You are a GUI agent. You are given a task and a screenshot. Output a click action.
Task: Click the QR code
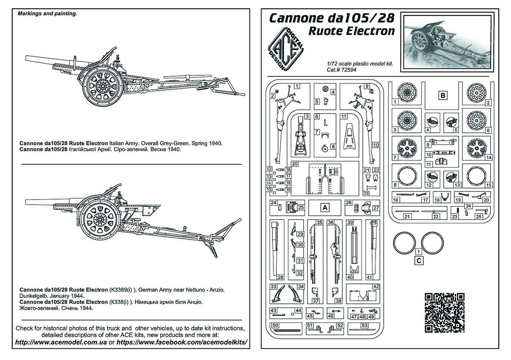tap(445, 313)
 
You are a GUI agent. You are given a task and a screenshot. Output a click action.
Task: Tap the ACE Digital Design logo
tap(286, 49)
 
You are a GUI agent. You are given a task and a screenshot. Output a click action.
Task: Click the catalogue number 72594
tap(349, 70)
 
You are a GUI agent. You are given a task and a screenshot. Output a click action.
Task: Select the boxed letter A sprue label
tap(325, 208)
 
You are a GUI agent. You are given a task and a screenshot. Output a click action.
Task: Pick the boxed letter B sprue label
tap(443, 95)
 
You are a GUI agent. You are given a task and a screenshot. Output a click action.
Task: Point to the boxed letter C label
tap(419, 260)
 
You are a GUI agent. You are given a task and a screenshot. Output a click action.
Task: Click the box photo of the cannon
tap(448, 42)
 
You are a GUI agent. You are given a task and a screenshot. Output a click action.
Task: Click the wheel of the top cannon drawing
tap(103, 86)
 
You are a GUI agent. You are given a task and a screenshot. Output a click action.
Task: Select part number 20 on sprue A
tap(295, 164)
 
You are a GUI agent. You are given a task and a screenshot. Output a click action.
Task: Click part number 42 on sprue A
tap(376, 286)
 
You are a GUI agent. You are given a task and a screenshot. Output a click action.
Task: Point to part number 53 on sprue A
tap(365, 326)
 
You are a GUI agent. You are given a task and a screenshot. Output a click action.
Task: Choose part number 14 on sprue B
tap(488, 157)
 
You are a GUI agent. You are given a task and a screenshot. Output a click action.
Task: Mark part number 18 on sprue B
tap(436, 200)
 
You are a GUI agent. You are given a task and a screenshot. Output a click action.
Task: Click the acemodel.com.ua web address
tap(61, 342)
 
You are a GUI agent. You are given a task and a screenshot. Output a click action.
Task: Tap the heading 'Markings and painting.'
tap(47, 14)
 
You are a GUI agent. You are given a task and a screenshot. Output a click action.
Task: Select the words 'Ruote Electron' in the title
tap(351, 31)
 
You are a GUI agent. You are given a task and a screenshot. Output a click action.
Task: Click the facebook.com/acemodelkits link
tap(182, 342)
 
